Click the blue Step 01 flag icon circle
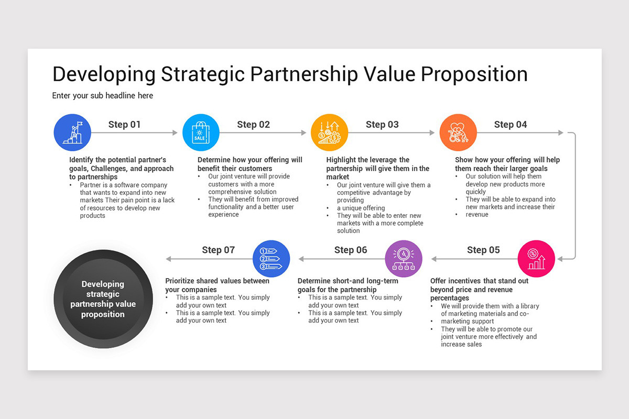pyautogui.click(x=72, y=133)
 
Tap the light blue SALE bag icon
pyautogui.click(x=201, y=133)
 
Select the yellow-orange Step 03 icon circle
pyautogui.click(x=330, y=133)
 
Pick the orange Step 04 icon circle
pyautogui.click(x=458, y=133)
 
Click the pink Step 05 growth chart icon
pyautogui.click(x=536, y=259)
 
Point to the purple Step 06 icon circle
pyautogui.click(x=404, y=259)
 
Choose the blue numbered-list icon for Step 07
pyautogui.click(x=271, y=259)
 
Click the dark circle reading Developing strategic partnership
pyautogui.click(x=103, y=299)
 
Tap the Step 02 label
pyautogui.click(x=253, y=125)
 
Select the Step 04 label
pyautogui.click(x=511, y=125)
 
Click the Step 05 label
pyautogui.click(x=483, y=250)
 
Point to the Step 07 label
pyautogui.click(x=219, y=250)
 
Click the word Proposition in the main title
pyautogui.click(x=474, y=74)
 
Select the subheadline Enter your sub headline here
pyautogui.click(x=103, y=96)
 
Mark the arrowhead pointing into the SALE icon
pyautogui.click(x=175, y=133)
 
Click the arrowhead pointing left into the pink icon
pyautogui.click(x=560, y=259)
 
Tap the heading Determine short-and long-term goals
pyautogui.click(x=348, y=285)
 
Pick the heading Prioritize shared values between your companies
pyautogui.click(x=217, y=285)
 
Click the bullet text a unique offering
pyautogui.click(x=361, y=208)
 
